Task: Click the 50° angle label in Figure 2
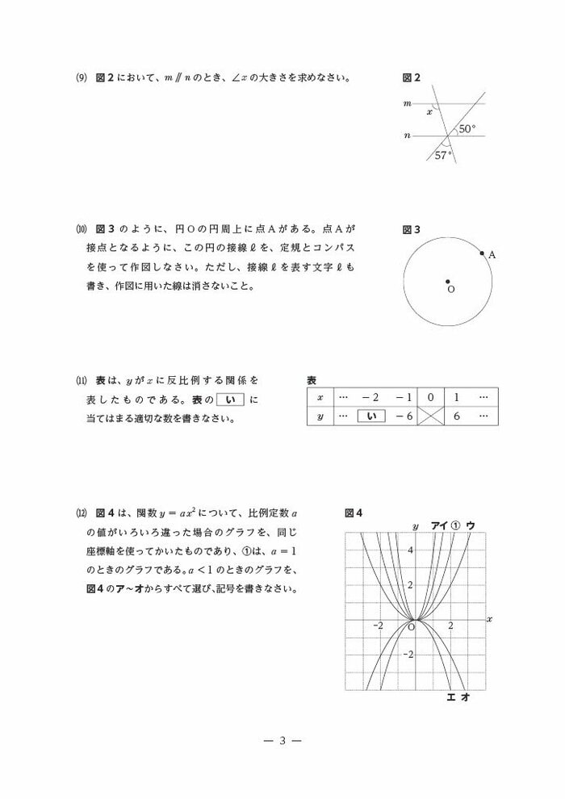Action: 467,128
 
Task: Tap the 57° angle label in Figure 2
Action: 444,156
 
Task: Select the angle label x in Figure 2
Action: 429,112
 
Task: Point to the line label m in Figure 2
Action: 408,103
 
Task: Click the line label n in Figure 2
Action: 408,136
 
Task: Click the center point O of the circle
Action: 448,281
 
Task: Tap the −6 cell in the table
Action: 404,416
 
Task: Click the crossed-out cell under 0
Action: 431,416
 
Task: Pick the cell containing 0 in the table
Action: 431,397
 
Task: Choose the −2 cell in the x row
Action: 370,397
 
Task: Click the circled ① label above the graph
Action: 455,525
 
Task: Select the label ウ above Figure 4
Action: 471,525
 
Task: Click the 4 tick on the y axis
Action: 409,550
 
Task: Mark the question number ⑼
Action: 81,78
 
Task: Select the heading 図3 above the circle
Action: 411,230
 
